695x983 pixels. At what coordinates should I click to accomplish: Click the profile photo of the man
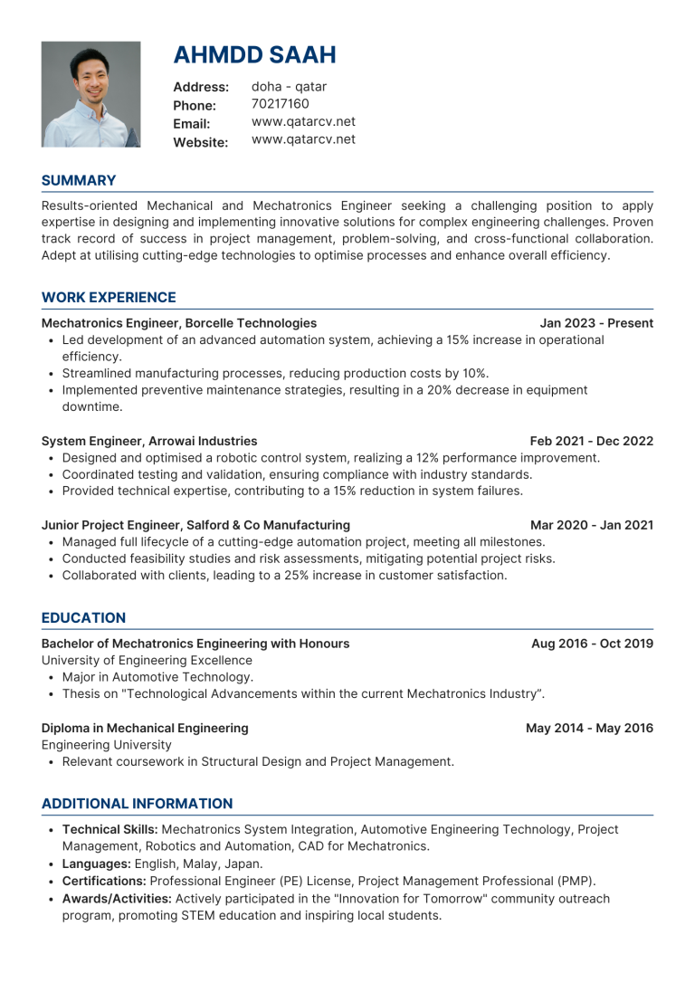(x=90, y=94)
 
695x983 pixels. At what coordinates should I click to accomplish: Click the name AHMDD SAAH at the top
(x=254, y=55)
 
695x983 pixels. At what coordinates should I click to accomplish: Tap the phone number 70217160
(x=281, y=104)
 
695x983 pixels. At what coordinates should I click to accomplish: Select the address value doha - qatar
(x=289, y=87)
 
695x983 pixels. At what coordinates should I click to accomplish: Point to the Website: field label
(x=200, y=142)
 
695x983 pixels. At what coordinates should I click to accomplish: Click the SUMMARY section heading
(x=79, y=181)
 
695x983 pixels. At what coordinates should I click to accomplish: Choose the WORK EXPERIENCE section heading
(x=109, y=298)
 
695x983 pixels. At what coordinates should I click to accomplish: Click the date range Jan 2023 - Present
(x=596, y=323)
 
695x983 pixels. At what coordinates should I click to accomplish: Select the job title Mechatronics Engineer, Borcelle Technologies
(x=179, y=323)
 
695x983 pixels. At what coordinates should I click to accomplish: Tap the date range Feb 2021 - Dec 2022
(x=591, y=442)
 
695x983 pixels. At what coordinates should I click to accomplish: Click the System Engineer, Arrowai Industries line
(x=149, y=442)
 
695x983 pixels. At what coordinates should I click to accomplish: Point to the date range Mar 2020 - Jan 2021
(x=591, y=525)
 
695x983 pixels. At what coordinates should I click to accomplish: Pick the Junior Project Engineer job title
(x=195, y=525)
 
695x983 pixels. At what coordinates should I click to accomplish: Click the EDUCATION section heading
(x=83, y=618)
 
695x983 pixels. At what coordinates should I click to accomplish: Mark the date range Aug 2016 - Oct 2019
(x=592, y=644)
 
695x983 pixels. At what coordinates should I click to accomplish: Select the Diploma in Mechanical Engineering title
(x=145, y=728)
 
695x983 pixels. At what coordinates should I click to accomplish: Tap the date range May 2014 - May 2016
(x=589, y=728)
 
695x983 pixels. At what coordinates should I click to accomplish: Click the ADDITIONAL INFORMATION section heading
(x=137, y=804)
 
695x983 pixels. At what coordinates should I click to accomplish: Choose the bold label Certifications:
(x=103, y=882)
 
